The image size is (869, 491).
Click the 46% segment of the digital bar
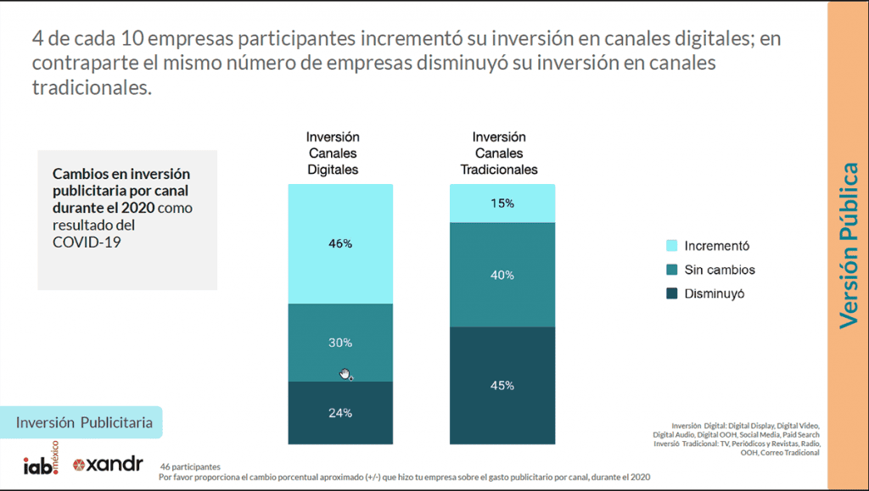tap(340, 243)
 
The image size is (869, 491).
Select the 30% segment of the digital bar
tap(340, 343)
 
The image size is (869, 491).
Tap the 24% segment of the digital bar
tap(340, 413)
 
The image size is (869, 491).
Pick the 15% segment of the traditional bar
tap(502, 204)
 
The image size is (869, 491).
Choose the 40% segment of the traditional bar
tap(502, 274)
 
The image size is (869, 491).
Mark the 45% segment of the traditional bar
tap(502, 385)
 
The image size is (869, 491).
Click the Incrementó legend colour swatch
tap(671, 246)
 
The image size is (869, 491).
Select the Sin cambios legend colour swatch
tap(671, 270)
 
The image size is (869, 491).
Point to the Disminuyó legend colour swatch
tap(671, 293)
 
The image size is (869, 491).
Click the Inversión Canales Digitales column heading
tap(333, 153)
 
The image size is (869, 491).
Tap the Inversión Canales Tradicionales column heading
tap(499, 153)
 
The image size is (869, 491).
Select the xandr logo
tap(108, 465)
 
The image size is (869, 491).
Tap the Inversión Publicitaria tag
tap(84, 421)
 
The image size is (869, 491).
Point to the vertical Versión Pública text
tap(849, 245)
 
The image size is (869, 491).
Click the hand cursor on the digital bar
tap(345, 374)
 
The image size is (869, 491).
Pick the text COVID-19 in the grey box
tap(81, 242)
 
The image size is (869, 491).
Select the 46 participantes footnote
tap(190, 466)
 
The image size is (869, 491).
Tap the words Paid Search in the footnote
tap(801, 434)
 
